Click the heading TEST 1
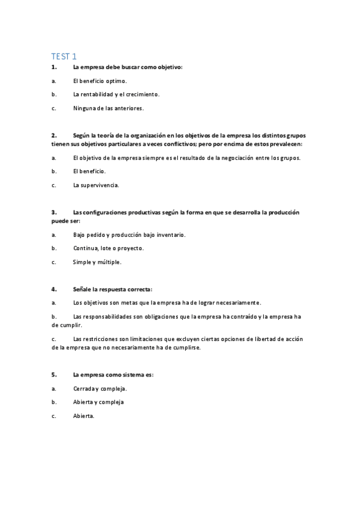click(x=64, y=56)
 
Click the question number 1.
click(x=54, y=67)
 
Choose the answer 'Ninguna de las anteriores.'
click(x=108, y=108)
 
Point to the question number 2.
click(x=54, y=135)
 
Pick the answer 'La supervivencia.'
click(x=96, y=185)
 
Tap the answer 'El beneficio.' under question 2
click(x=89, y=171)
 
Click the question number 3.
click(x=54, y=212)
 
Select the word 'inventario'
click(x=171, y=235)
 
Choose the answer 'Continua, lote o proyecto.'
click(x=108, y=248)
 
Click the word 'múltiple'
click(x=109, y=262)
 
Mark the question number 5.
click(x=54, y=375)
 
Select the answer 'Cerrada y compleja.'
click(x=99, y=389)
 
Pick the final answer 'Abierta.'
click(x=84, y=416)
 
